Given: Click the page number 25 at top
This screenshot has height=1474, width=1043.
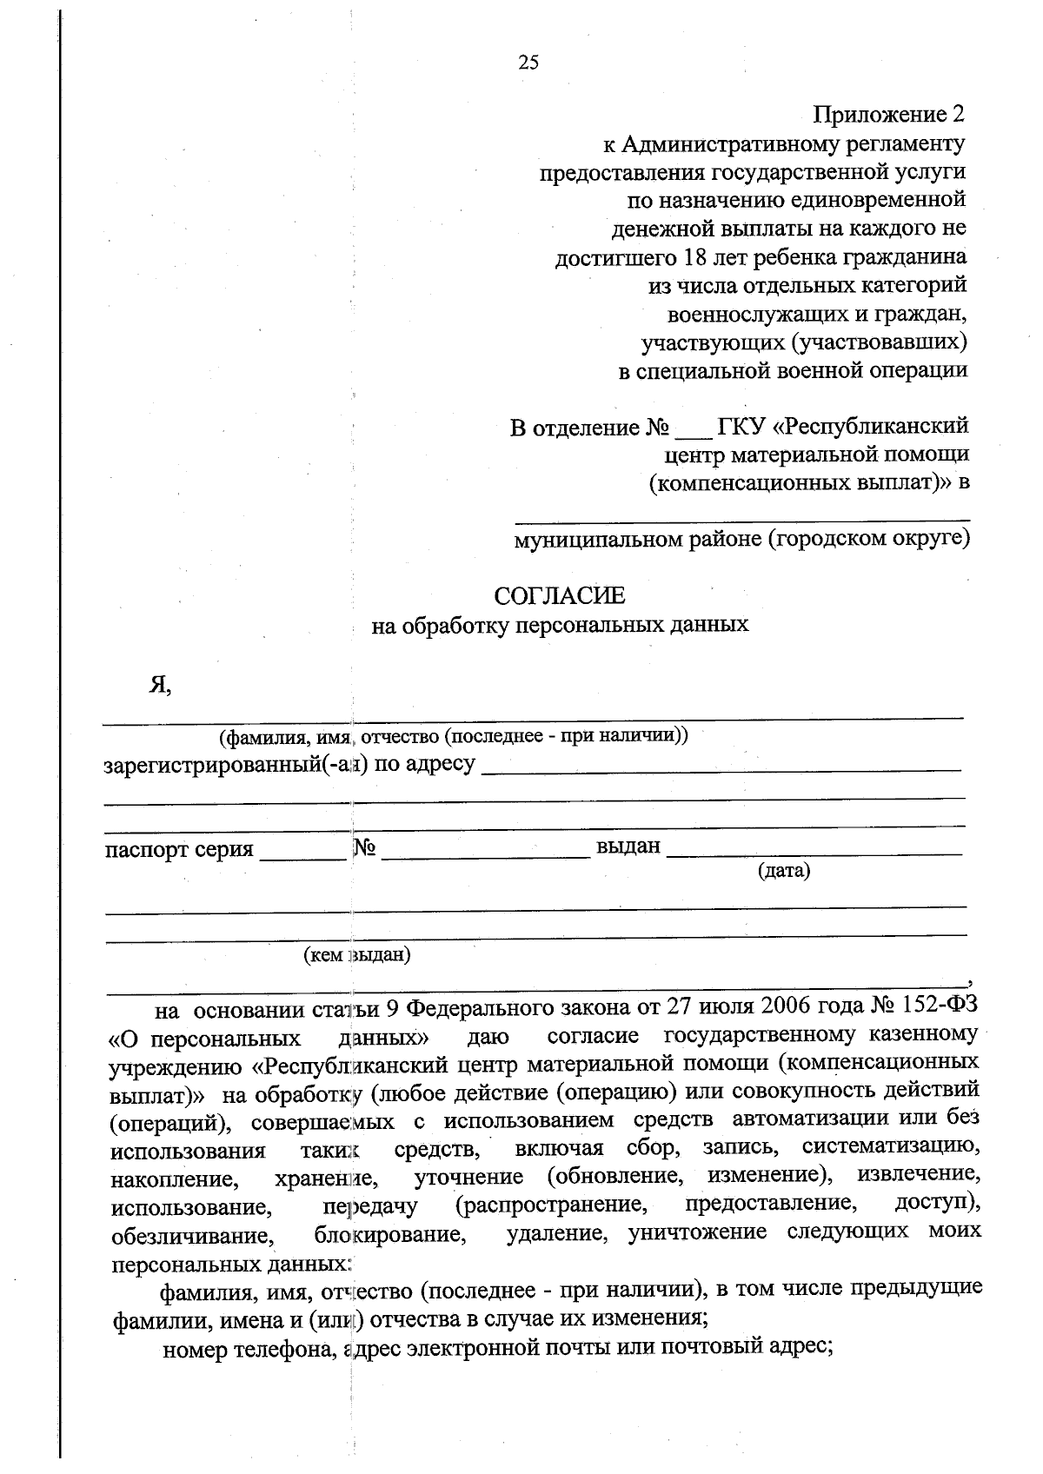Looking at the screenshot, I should pyautogui.click(x=528, y=62).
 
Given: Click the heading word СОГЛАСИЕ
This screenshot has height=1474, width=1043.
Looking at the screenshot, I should pyautogui.click(x=559, y=596).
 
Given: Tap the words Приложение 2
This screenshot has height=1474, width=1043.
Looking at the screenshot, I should pyautogui.click(x=889, y=114).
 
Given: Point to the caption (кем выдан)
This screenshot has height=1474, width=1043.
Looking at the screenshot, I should pyautogui.click(x=356, y=956).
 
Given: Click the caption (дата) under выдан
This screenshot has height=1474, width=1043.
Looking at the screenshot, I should pyautogui.click(x=784, y=870).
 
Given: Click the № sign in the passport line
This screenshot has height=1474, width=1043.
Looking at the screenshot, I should pyautogui.click(x=364, y=848).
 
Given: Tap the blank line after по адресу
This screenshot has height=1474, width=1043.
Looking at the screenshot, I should pyautogui.click(x=721, y=767).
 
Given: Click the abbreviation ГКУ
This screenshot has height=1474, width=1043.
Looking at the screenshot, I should pyautogui.click(x=741, y=427).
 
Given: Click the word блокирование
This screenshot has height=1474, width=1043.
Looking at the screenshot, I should pyautogui.click(x=388, y=1234).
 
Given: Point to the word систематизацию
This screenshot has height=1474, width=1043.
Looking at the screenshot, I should pyautogui.click(x=892, y=1147).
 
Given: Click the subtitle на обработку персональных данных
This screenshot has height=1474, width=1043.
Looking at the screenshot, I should pyautogui.click(x=560, y=625).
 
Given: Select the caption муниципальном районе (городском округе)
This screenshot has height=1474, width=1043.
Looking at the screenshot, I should pyautogui.click(x=742, y=540).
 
